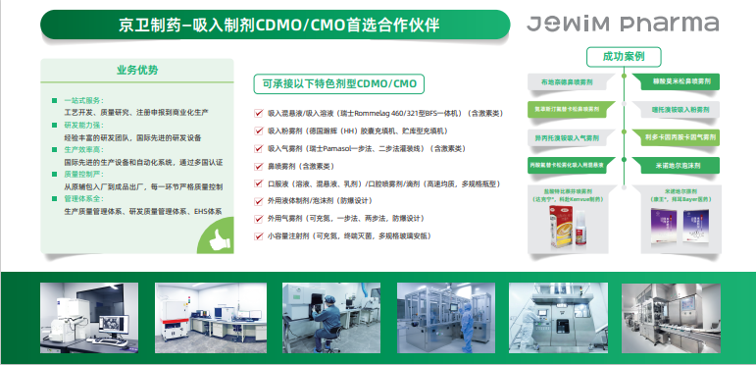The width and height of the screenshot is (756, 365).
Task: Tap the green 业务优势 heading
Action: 136,70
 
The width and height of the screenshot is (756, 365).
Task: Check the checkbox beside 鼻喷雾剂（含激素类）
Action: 258,166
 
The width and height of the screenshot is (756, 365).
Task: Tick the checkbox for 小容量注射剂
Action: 258,235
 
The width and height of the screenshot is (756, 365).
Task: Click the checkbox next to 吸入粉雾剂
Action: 258,130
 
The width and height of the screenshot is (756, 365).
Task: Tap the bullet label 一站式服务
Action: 82,100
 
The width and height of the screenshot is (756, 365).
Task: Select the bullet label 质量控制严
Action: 82,174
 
